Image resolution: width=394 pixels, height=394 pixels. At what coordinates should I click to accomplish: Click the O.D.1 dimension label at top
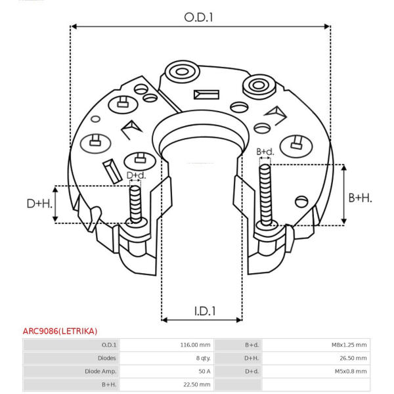click(198, 18)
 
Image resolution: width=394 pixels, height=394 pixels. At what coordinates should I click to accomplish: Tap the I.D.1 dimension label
click(205, 311)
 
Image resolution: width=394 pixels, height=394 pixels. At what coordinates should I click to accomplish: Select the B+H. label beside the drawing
click(360, 198)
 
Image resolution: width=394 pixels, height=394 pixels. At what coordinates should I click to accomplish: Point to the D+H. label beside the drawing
click(39, 204)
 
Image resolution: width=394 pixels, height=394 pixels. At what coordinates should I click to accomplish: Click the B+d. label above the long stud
click(265, 152)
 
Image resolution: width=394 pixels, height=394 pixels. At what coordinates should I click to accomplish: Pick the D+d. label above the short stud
click(136, 175)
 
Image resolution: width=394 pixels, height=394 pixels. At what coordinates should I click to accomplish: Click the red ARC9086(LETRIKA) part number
click(60, 331)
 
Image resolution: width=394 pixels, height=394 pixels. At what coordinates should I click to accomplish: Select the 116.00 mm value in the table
click(195, 345)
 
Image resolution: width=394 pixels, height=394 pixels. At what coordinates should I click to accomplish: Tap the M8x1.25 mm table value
click(349, 345)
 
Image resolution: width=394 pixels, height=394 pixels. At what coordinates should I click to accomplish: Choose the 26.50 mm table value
click(353, 358)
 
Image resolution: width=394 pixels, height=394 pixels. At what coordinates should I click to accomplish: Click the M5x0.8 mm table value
click(351, 371)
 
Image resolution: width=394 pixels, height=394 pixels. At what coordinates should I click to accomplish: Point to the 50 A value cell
click(204, 371)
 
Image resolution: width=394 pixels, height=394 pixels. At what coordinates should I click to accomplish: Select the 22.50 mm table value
click(197, 384)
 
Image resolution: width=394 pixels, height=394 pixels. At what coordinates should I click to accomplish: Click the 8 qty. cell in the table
click(204, 358)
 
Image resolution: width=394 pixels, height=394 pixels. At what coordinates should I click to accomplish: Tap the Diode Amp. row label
click(100, 371)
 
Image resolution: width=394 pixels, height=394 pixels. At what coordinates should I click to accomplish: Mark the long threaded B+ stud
click(265, 195)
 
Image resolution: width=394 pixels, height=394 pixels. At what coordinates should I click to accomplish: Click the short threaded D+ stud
click(135, 204)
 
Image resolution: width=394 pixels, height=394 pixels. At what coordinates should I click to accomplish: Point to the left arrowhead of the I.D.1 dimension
click(164, 320)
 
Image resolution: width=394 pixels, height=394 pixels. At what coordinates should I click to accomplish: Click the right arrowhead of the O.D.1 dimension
click(327, 26)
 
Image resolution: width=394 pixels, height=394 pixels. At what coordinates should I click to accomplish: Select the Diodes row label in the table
click(107, 358)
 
